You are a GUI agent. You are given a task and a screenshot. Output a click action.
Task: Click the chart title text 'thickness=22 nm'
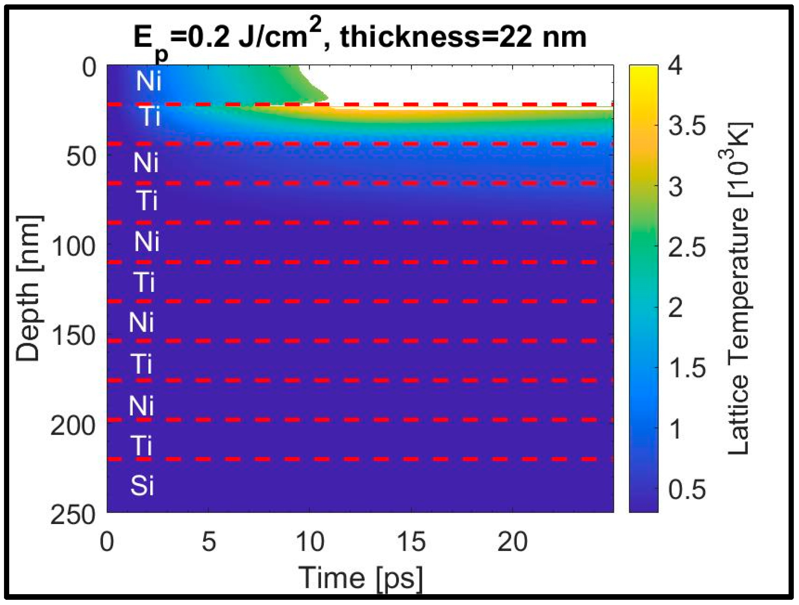(463, 37)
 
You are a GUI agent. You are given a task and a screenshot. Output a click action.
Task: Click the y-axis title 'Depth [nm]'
(28, 289)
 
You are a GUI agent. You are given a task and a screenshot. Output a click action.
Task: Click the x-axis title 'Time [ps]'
(361, 578)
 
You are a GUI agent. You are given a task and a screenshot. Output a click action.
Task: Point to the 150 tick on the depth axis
(74, 336)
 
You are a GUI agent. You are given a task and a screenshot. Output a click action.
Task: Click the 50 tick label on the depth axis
(81, 157)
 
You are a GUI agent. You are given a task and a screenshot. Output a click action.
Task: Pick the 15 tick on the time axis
(412, 542)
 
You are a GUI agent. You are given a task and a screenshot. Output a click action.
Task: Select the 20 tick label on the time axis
(512, 542)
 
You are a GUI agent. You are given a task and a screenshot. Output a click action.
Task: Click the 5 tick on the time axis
(208, 542)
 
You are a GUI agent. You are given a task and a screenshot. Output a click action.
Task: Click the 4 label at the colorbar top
(676, 65)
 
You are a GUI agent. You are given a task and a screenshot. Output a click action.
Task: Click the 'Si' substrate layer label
(142, 486)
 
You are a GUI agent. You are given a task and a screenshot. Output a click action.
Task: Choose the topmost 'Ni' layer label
(149, 81)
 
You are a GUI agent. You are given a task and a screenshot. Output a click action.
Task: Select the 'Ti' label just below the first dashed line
(151, 117)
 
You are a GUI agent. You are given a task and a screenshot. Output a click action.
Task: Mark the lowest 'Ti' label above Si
(141, 446)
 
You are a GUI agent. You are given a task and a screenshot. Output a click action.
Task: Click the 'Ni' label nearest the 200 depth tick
(141, 406)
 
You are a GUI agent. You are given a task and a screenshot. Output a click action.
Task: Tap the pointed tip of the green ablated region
(327, 97)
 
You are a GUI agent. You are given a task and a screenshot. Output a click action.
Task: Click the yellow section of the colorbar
(644, 80)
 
